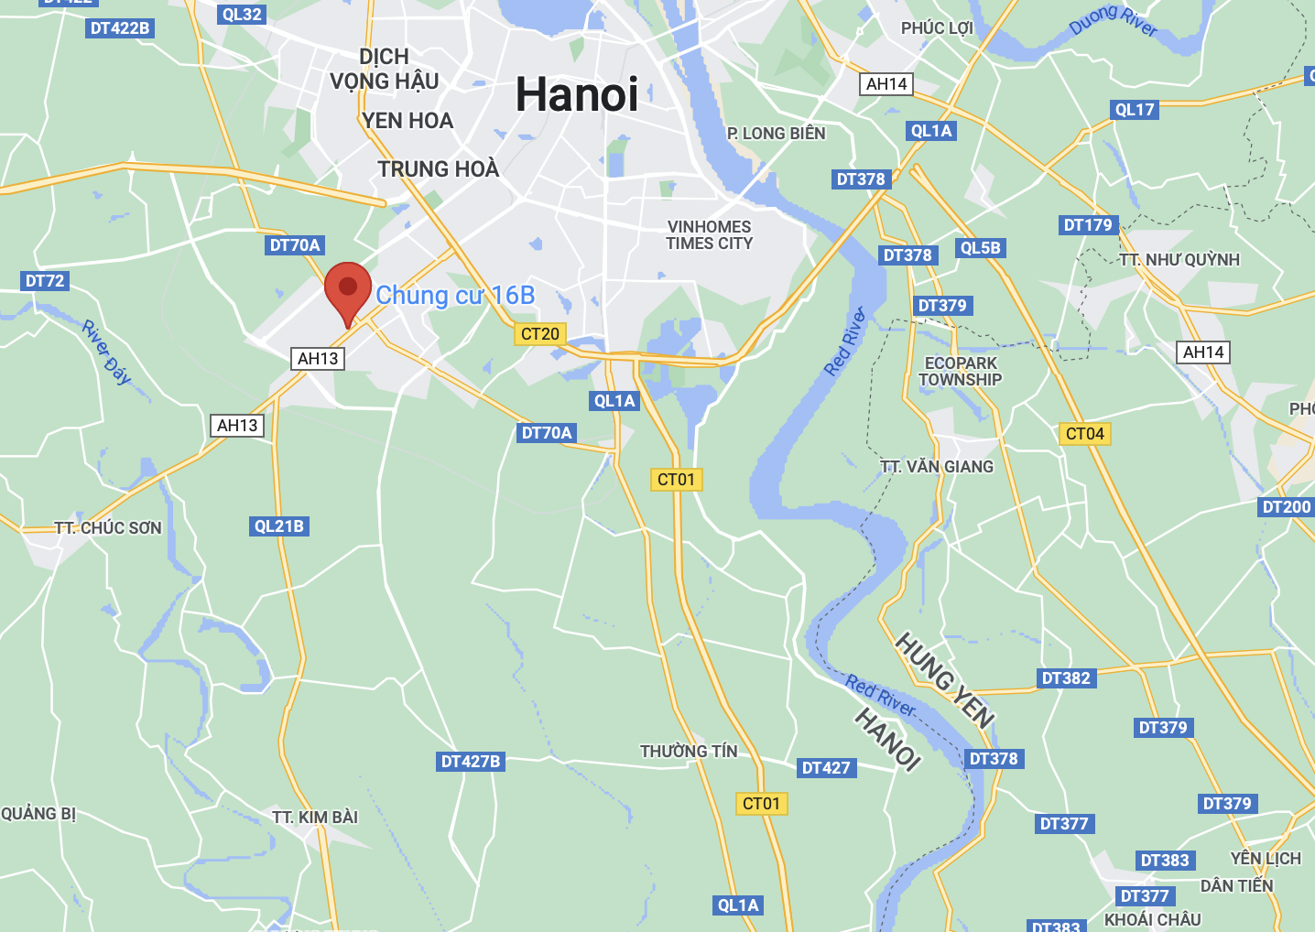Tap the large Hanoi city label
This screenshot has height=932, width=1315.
coord(577,94)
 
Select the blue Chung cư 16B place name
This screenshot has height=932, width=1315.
coord(455,296)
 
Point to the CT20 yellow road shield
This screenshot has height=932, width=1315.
coord(539,334)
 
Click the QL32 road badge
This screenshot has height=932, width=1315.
coord(242,15)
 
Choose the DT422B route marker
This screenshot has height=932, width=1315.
coord(120,28)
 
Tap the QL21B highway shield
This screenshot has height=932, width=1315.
coord(279,526)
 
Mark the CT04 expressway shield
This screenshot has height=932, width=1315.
coord(1085,434)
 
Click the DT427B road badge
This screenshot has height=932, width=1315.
coord(471,762)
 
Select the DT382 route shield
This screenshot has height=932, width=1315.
coord(1066,678)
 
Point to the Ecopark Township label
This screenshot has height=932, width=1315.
coord(961,372)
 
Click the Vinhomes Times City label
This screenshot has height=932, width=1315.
coord(710,235)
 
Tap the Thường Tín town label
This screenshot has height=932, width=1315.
coord(689,752)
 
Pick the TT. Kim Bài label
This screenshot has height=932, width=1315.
coord(315,818)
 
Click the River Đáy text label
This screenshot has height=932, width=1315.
coord(107,352)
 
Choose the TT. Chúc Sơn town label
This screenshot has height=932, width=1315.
coord(108,528)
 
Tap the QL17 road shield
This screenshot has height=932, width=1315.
coord(1135,110)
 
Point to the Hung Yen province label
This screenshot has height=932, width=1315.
coord(944,680)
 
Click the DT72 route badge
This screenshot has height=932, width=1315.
coord(45,281)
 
